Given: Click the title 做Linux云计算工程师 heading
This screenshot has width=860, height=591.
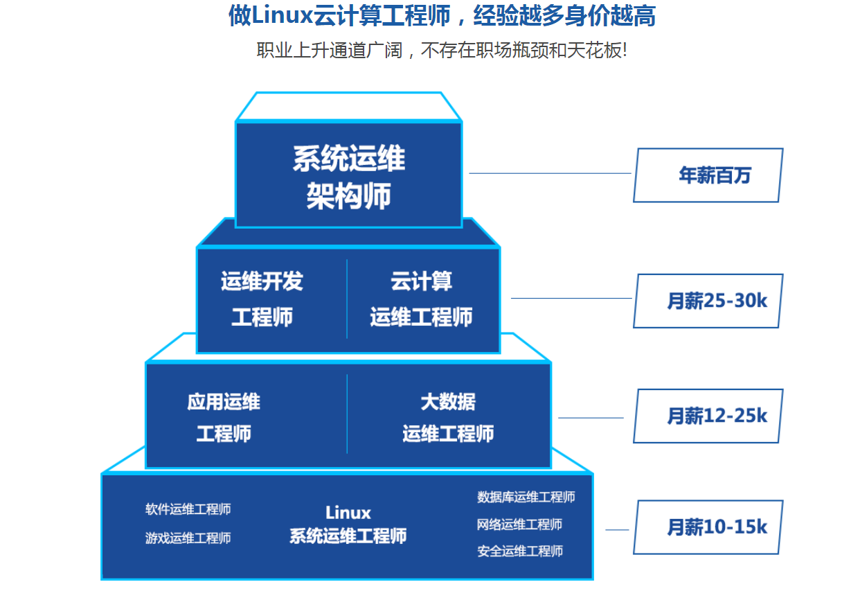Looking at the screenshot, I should tap(442, 15).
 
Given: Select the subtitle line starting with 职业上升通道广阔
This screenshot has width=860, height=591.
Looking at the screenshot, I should tap(442, 51).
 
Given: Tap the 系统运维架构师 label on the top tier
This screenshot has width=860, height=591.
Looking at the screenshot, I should tap(348, 177).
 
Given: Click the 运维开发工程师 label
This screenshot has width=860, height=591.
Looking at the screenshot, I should tap(262, 299).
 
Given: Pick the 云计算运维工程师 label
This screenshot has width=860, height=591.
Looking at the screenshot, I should tap(421, 299).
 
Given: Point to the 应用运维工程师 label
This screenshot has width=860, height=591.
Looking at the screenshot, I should tap(223, 417).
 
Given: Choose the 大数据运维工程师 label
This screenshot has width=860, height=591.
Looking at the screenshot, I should tap(448, 417).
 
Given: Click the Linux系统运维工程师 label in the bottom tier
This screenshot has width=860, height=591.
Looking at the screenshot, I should tap(348, 524).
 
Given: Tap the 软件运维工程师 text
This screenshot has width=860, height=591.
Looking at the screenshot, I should tap(188, 509).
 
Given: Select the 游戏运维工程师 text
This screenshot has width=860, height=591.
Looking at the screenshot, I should tap(188, 538).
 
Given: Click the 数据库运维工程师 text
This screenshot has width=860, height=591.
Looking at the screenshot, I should tap(526, 497).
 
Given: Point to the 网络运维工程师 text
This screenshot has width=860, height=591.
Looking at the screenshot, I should tap(519, 524).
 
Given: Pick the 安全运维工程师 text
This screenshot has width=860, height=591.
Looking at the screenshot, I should tap(519, 551).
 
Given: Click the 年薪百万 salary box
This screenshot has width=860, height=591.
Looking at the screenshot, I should tap(708, 175).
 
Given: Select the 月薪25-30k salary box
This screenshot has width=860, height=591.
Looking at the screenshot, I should tap(708, 301).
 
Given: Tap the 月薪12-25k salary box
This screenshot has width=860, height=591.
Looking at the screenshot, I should tap(708, 416).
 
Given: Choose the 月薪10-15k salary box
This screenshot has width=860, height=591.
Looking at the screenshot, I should tap(708, 527).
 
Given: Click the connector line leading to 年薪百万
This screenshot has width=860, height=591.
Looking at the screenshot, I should tap(550, 173).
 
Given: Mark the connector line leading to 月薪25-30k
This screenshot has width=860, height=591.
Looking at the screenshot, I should tap(571, 298).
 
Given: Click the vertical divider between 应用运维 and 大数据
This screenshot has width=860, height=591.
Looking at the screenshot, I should tap(347, 414).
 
